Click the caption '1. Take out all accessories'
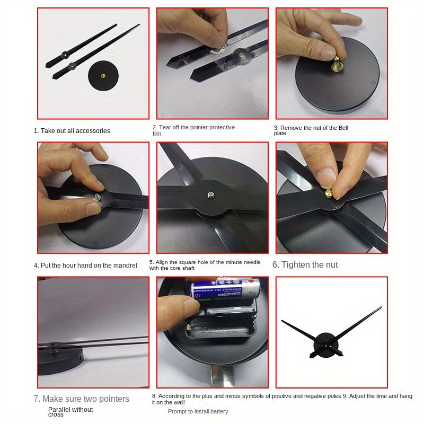pos(72,131)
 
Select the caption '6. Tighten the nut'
pos(305,264)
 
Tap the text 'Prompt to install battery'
pos(198,411)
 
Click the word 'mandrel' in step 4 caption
pos(125,265)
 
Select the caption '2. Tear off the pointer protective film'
pos(193,130)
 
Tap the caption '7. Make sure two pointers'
pos(82,399)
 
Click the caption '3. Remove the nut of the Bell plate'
pos(311,130)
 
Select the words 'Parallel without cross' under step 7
pos(70,411)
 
